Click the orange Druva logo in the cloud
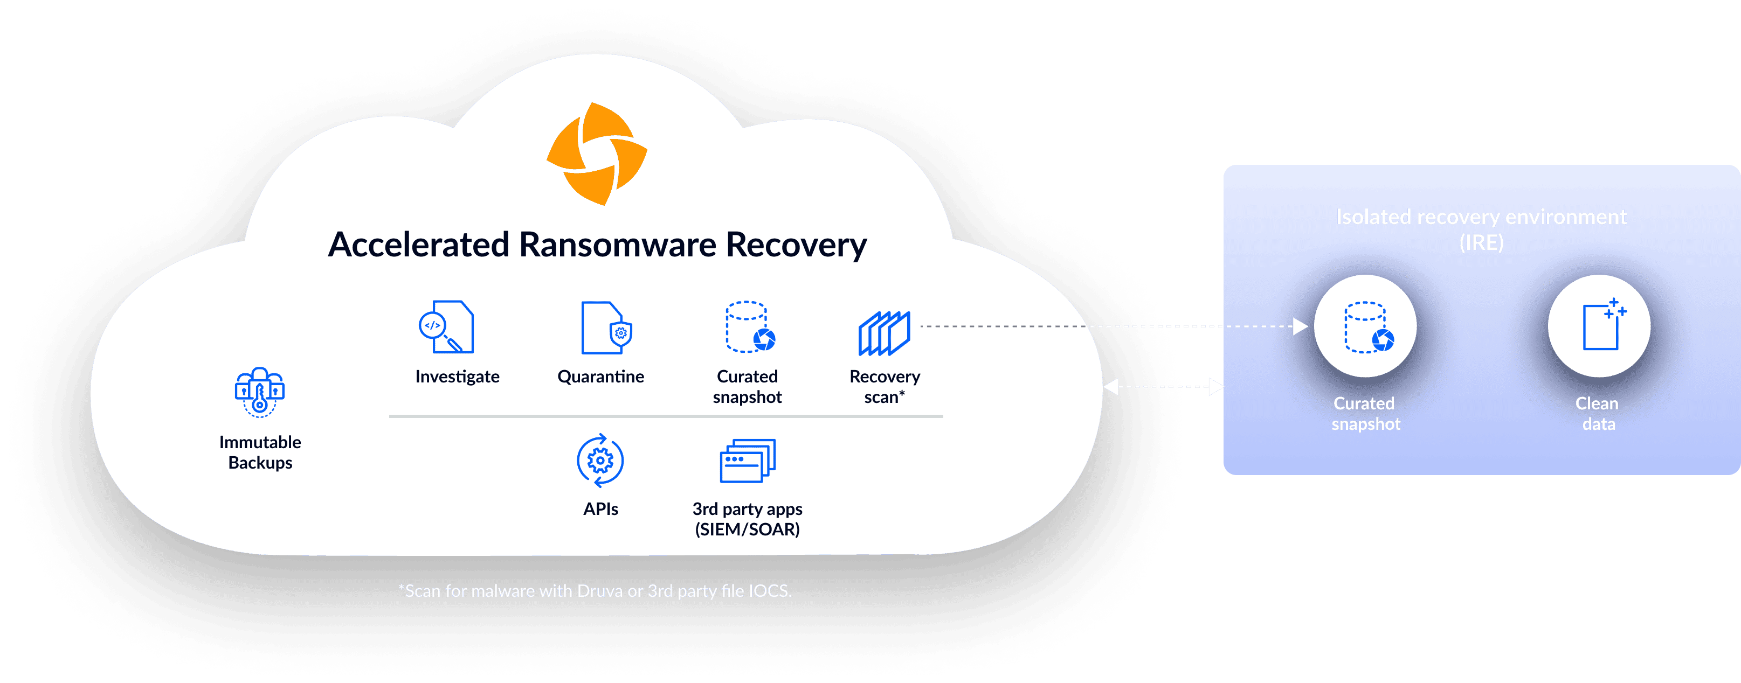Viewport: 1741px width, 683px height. (x=597, y=154)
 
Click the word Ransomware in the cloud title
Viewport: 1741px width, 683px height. (x=617, y=245)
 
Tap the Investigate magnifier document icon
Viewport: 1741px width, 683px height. (x=447, y=327)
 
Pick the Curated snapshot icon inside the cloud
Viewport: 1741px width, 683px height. (x=749, y=327)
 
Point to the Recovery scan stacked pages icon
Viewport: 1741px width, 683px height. (x=884, y=333)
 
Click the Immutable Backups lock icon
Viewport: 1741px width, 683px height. (x=259, y=392)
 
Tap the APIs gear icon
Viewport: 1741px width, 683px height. (x=600, y=461)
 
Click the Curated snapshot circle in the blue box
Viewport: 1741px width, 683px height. (x=1365, y=326)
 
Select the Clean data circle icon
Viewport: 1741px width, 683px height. (x=1599, y=326)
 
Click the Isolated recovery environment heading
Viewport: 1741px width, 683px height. (x=1482, y=217)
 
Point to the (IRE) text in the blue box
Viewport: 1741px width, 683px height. (x=1482, y=242)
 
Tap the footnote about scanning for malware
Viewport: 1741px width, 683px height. (x=595, y=591)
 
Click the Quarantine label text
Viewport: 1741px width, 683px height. (x=600, y=377)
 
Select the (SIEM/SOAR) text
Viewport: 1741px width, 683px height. (x=748, y=529)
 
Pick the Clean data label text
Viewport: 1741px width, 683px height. (x=1598, y=414)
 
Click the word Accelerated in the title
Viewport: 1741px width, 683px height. (x=418, y=245)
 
